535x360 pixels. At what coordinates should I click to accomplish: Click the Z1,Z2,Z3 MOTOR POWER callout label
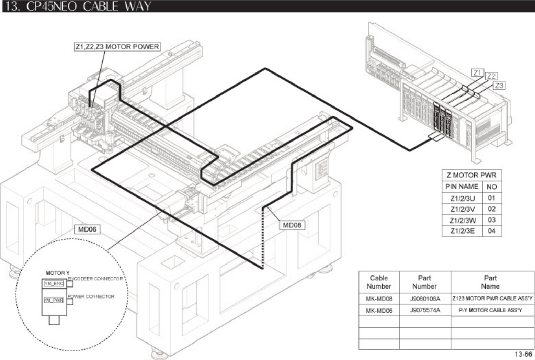pyautogui.click(x=117, y=47)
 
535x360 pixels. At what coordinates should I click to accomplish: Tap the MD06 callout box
pyautogui.click(x=87, y=229)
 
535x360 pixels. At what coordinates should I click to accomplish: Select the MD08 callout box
pyautogui.click(x=292, y=225)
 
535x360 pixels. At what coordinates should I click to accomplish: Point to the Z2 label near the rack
pyautogui.click(x=491, y=76)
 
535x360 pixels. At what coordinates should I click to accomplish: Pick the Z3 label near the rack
pyautogui.click(x=499, y=85)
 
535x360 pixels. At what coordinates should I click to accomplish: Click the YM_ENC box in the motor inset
pyautogui.click(x=54, y=283)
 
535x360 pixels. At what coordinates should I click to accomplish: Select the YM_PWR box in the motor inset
pyautogui.click(x=54, y=300)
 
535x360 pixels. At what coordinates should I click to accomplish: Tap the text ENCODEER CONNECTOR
pyautogui.click(x=95, y=279)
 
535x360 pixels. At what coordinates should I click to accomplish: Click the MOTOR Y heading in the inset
pyautogui.click(x=55, y=273)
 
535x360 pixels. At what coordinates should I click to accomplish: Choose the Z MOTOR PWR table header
pyautogui.click(x=471, y=175)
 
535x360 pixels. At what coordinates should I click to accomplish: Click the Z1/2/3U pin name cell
pyautogui.click(x=463, y=198)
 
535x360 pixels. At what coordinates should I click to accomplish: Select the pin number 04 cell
pyautogui.click(x=492, y=231)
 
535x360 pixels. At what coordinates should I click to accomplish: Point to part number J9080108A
pyautogui.click(x=425, y=299)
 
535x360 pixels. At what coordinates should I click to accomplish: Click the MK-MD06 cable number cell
pyautogui.click(x=379, y=311)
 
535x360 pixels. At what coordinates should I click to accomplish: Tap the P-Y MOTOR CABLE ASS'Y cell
pyautogui.click(x=490, y=310)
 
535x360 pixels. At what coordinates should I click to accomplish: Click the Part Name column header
pyautogui.click(x=490, y=282)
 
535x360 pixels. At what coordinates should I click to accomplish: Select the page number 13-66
pyautogui.click(x=523, y=354)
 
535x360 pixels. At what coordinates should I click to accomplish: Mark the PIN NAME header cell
pyautogui.click(x=462, y=187)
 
